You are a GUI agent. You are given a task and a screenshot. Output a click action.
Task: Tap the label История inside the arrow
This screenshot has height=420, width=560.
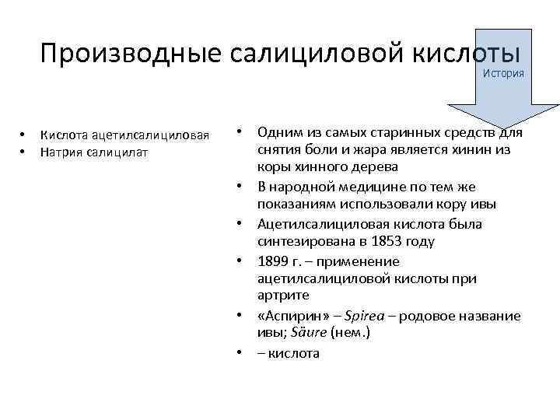[x=503, y=73]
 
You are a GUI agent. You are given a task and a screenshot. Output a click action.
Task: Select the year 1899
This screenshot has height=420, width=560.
[x=275, y=261]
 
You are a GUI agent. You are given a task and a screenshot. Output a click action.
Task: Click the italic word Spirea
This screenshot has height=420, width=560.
[x=366, y=316]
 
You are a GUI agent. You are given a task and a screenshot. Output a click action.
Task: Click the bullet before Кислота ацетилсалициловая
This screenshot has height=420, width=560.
[x=24, y=136]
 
